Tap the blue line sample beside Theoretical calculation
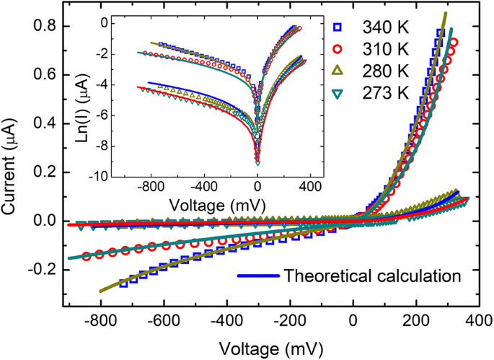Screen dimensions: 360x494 (x=256, y=275)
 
